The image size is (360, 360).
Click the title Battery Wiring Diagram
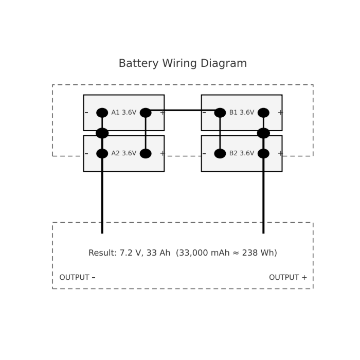click(x=183, y=63)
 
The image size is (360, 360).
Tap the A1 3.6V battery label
click(x=123, y=113)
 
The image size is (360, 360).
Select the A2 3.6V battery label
click(x=123, y=153)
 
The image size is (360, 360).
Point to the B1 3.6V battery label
click(x=241, y=113)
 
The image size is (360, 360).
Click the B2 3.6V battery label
click(x=241, y=153)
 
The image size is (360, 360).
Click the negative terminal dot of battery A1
click(x=102, y=113)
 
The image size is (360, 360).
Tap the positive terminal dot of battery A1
click(x=146, y=113)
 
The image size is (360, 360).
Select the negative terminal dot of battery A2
click(x=102, y=153)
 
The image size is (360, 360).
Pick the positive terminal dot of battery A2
click(x=146, y=153)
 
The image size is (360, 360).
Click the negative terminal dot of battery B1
click(x=220, y=113)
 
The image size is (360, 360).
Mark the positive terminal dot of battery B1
click(x=263, y=113)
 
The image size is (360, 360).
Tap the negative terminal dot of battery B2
click(x=220, y=153)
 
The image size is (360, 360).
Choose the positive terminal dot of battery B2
click(x=263, y=153)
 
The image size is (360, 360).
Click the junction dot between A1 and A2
click(x=102, y=133)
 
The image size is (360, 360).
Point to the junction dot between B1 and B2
click(x=263, y=133)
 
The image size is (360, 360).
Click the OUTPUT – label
click(x=77, y=278)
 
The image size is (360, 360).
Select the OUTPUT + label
click(x=288, y=278)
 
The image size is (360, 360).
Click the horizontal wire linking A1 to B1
click(x=183, y=110)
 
